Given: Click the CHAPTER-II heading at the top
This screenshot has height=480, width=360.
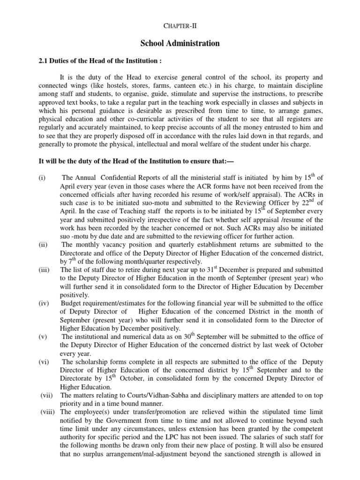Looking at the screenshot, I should click(x=180, y=22).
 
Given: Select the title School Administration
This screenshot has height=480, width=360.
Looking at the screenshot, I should click(x=180, y=43).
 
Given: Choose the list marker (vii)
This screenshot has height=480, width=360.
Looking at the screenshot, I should click(x=45, y=395).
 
